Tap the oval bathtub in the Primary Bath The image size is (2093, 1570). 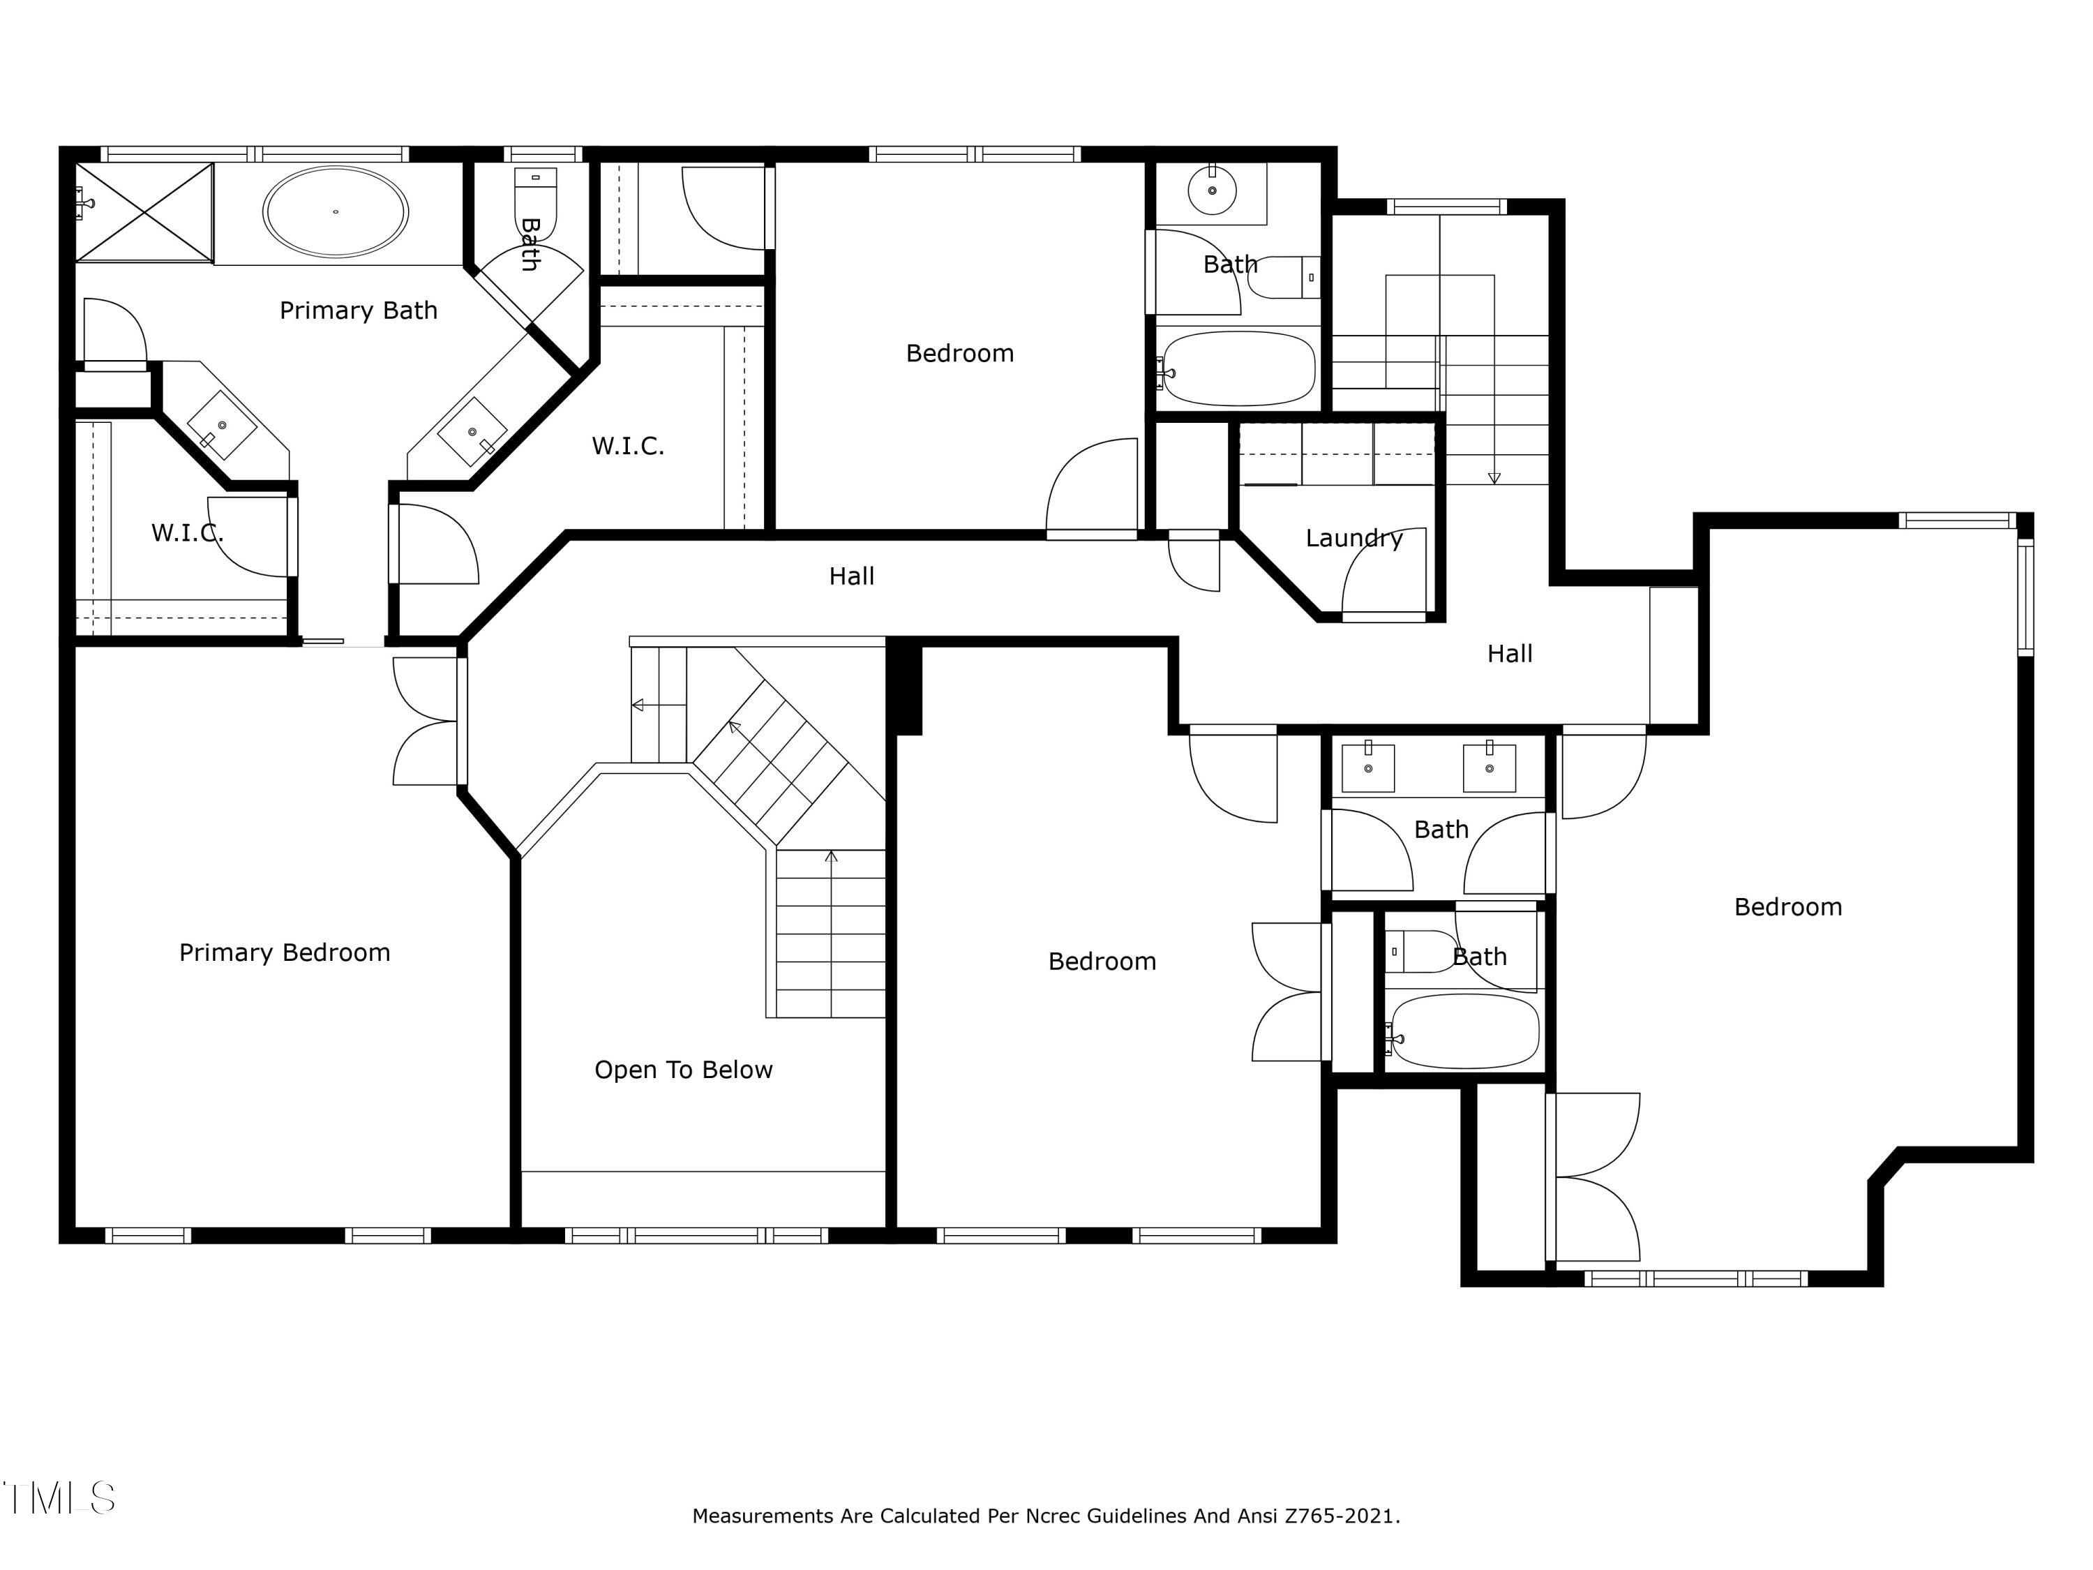point(336,212)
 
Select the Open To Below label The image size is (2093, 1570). point(683,1070)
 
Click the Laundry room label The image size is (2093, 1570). point(1354,539)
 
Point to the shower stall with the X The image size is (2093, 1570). point(144,212)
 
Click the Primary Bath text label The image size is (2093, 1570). point(359,311)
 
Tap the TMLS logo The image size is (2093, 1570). point(59,1498)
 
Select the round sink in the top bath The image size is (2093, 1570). point(1212,191)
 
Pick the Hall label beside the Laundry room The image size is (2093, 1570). point(1510,654)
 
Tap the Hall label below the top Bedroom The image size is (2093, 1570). point(852,576)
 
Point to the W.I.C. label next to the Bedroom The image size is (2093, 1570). point(629,446)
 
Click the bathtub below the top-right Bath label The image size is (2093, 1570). point(1238,369)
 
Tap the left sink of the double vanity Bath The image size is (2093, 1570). point(1368,768)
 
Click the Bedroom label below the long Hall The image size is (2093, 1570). point(1102,962)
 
